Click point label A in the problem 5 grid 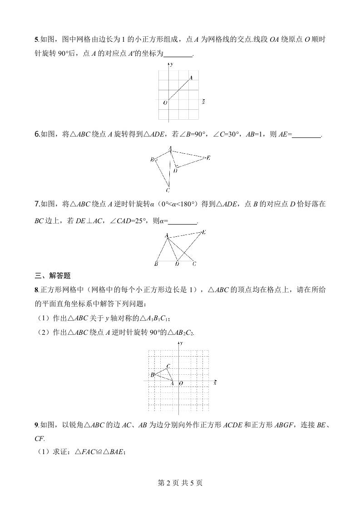pyautogui.click(x=191, y=78)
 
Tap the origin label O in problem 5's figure pyautogui.click(x=165, y=103)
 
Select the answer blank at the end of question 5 pyautogui.click(x=178, y=54)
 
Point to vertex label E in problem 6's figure pyautogui.click(x=208, y=158)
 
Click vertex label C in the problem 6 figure pyautogui.click(x=168, y=190)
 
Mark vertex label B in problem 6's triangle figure pyautogui.click(x=152, y=160)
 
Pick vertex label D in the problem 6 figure pyautogui.click(x=175, y=171)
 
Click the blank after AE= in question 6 pyautogui.click(x=307, y=134)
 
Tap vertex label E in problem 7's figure pyautogui.click(x=204, y=232)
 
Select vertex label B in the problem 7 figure pyautogui.click(x=156, y=264)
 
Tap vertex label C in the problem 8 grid pyautogui.click(x=168, y=366)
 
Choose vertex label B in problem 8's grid pyautogui.click(x=153, y=375)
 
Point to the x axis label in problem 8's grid pyautogui.click(x=215, y=383)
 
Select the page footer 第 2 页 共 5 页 pyautogui.click(x=180, y=483)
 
